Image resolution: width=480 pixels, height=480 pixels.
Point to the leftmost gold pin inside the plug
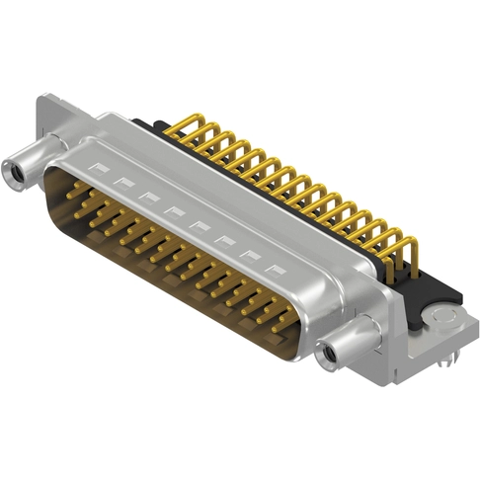coord(74,188)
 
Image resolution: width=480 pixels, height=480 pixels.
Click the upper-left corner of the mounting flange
coord(44,100)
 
